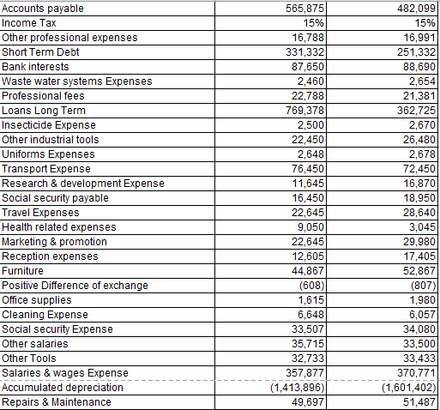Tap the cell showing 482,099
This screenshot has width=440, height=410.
coord(417,9)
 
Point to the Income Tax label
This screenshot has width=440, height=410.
coord(29,23)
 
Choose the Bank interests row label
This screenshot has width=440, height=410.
coord(35,67)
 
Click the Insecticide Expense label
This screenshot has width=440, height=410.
coord(47,125)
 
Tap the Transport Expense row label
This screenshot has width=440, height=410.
coord(45,169)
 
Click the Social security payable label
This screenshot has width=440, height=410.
coord(55,198)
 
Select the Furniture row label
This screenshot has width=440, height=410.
coord(23,271)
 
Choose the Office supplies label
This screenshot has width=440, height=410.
coord(36,300)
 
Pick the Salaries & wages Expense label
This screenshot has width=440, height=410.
coord(65,373)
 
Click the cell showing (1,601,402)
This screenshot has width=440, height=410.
coord(407,388)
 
